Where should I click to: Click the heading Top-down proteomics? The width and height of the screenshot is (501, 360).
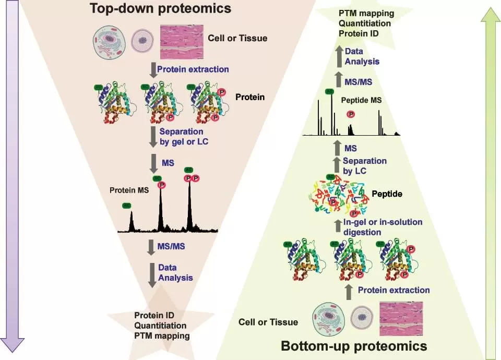[x=160, y=8]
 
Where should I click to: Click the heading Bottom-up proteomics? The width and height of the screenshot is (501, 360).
[x=354, y=345]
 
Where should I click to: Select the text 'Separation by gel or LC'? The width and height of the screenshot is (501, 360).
[x=181, y=136]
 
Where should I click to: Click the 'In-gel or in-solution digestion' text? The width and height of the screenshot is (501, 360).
[x=383, y=227]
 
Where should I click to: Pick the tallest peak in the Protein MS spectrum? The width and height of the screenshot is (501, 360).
[x=189, y=203]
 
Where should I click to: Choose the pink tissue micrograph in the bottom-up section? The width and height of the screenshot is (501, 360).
[x=400, y=318]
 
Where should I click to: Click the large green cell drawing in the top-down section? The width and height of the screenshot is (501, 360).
[x=110, y=40]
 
